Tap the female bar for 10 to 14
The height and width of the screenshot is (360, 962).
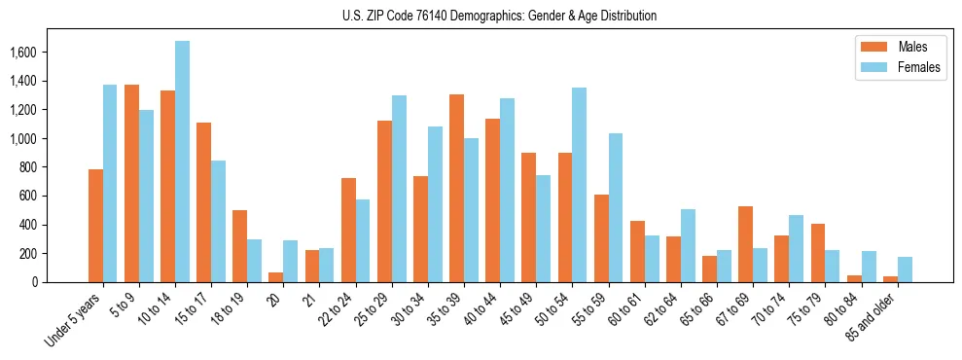182,162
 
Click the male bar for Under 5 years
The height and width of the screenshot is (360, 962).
95,226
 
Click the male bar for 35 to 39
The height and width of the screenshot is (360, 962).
456,189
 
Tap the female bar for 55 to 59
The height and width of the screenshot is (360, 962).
615,207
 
